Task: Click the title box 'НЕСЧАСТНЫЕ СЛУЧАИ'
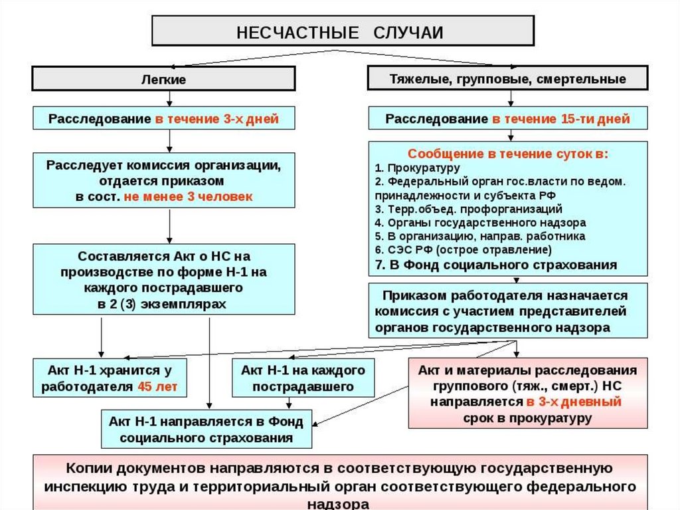click(x=343, y=31)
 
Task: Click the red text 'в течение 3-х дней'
click(x=216, y=119)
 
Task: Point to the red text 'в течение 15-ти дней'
click(x=560, y=119)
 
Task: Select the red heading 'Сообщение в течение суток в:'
click(x=507, y=154)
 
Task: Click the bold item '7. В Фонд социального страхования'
click(x=495, y=265)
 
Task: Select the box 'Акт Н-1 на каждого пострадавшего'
click(x=303, y=378)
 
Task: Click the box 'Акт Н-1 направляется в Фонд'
click(x=207, y=430)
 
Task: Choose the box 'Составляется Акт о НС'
click(x=164, y=279)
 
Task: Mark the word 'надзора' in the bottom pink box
click(x=340, y=503)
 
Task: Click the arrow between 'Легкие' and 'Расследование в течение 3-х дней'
click(x=170, y=98)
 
